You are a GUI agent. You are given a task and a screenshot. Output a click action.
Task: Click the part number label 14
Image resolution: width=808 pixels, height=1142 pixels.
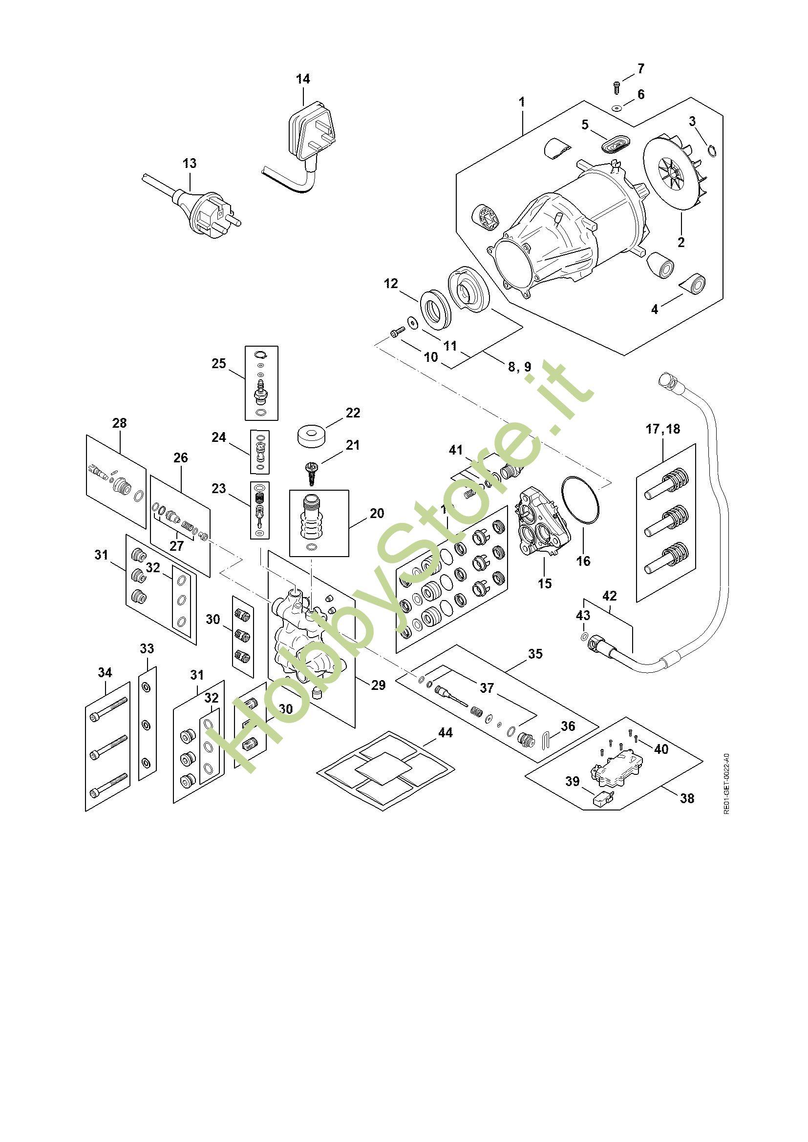coord(303,79)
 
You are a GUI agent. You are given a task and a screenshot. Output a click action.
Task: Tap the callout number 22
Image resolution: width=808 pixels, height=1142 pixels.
coord(353,413)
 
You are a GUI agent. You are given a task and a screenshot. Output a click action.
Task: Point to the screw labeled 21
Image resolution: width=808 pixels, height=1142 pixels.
coord(312,471)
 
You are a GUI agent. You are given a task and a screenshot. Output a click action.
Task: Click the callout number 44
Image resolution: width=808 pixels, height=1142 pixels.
coord(445,733)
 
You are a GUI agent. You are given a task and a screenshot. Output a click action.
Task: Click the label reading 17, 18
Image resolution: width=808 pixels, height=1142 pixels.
coord(663,429)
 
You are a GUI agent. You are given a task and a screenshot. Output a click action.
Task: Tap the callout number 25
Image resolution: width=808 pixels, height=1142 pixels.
coord(219,364)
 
